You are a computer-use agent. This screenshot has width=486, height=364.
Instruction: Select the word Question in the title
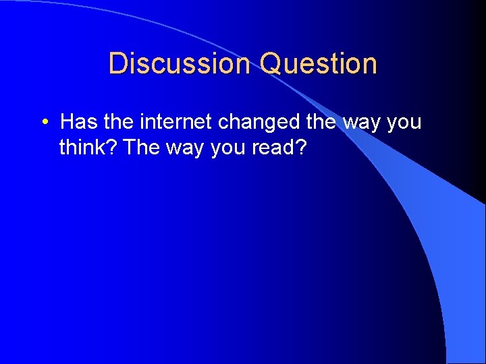tap(318, 63)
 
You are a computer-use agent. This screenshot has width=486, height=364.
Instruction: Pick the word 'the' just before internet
tap(119, 123)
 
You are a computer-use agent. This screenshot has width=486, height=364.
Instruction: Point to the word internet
tap(177, 123)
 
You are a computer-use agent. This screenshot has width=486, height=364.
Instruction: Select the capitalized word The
tap(140, 147)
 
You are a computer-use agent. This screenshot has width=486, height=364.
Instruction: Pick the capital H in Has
tap(67, 123)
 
